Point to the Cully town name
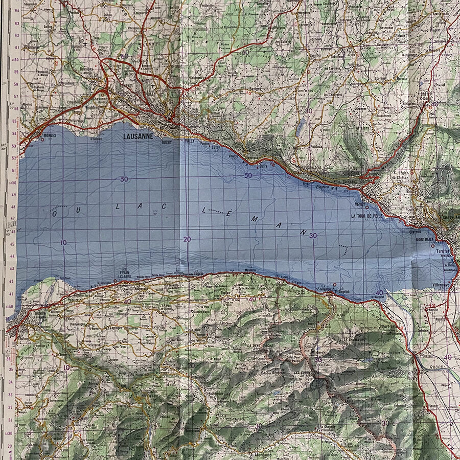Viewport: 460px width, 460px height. (263, 166)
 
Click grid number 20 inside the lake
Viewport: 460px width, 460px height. (188, 239)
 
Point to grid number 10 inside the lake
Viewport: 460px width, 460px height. (63, 242)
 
